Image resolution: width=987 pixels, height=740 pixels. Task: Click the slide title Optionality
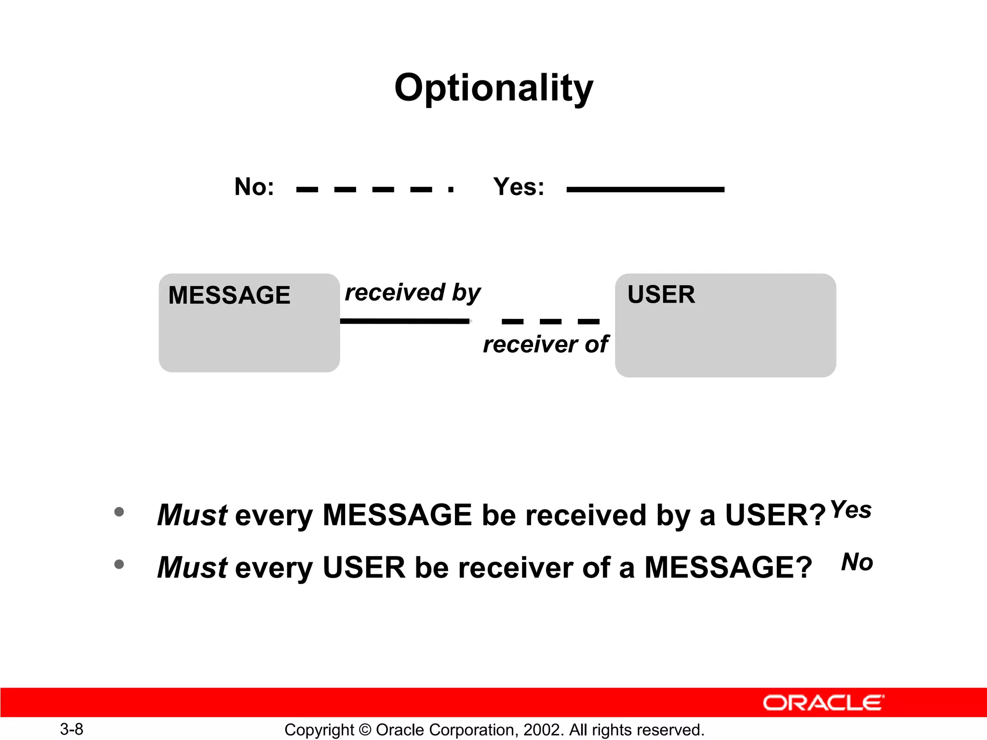click(x=493, y=88)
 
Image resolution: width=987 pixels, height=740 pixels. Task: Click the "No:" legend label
click(x=254, y=186)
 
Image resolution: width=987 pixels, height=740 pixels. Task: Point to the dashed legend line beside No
click(x=374, y=189)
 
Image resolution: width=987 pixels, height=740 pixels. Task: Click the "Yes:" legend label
click(x=519, y=186)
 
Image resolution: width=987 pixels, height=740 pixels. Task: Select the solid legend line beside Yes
click(x=645, y=189)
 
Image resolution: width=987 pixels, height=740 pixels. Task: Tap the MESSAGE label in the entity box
click(x=229, y=295)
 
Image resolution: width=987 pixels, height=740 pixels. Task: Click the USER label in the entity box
click(x=661, y=294)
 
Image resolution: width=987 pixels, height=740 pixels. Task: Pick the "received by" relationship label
click(x=413, y=292)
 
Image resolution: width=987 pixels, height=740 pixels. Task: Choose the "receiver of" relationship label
click(x=546, y=344)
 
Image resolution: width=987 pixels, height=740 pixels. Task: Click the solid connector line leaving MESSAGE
click(x=405, y=321)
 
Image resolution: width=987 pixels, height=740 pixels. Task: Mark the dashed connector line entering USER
click(x=550, y=321)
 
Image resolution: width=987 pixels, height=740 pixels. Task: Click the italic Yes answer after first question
click(x=851, y=509)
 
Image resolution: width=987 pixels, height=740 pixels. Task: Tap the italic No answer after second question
click(x=857, y=562)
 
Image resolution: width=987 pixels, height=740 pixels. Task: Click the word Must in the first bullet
click(x=192, y=515)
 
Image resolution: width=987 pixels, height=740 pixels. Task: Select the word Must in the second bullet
click(x=192, y=567)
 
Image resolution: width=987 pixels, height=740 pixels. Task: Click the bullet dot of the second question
click(x=119, y=564)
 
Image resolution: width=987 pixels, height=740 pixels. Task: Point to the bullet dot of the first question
click(x=119, y=512)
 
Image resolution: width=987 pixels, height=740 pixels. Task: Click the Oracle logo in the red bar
click(x=823, y=703)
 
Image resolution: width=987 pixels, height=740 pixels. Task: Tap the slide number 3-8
click(x=71, y=729)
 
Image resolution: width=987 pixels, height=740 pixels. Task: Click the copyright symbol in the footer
click(x=365, y=730)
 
